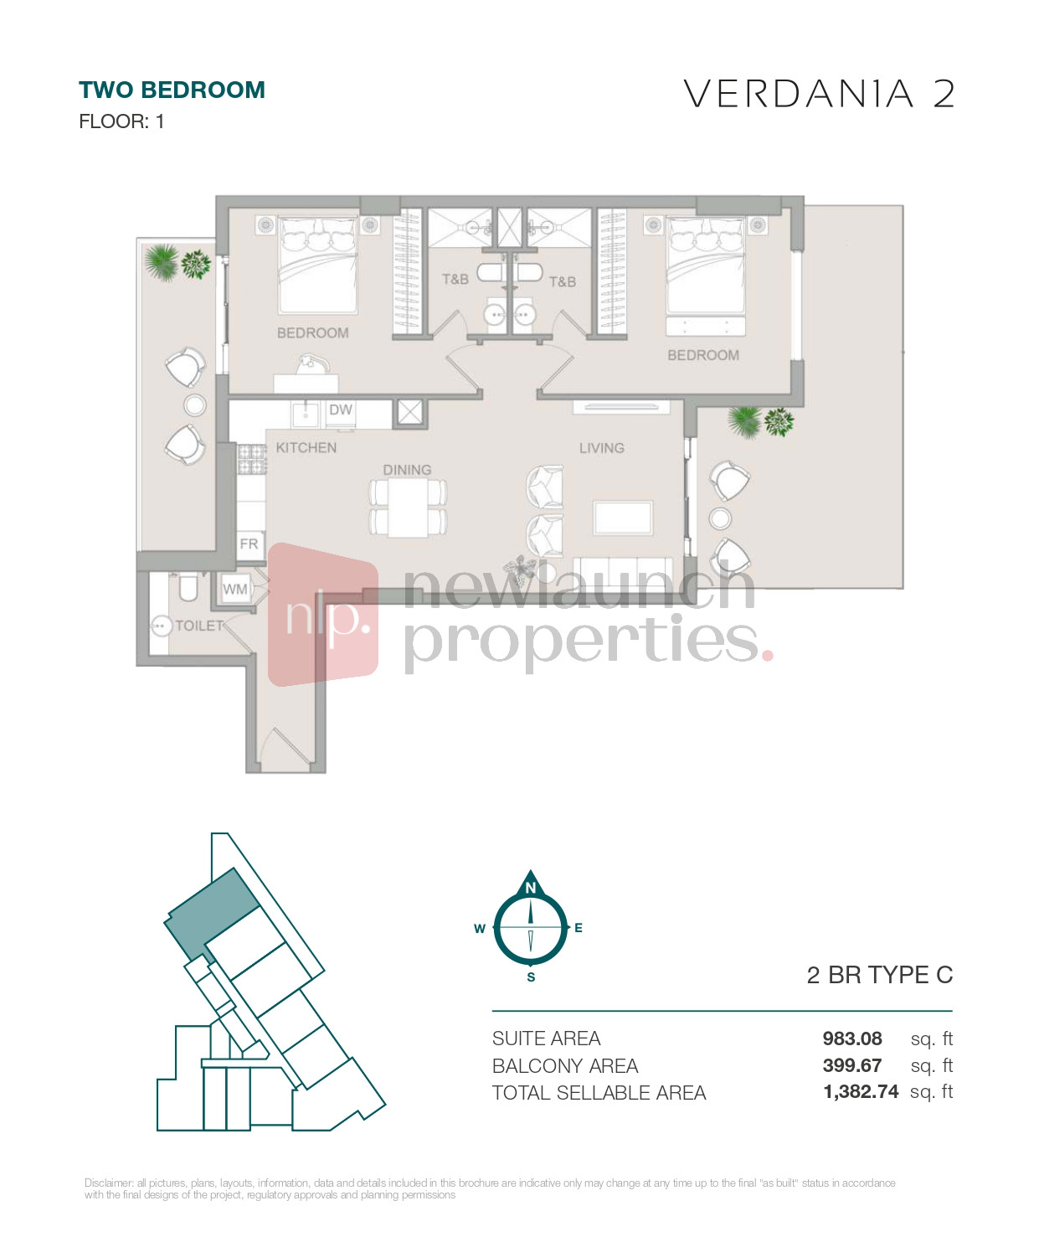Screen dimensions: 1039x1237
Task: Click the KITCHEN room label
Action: coord(306,448)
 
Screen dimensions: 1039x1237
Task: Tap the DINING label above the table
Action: coord(407,470)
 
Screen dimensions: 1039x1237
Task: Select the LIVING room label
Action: coord(601,448)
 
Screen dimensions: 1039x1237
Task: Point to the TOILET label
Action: coord(199,626)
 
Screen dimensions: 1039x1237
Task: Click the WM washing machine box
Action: coord(235,589)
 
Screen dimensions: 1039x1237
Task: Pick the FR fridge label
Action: coord(249,544)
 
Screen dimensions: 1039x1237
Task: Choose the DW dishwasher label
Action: coord(341,410)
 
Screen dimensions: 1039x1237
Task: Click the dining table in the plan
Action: coord(408,508)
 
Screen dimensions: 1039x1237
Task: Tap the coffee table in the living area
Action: coord(623,518)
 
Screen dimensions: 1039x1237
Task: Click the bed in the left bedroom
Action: coord(317,265)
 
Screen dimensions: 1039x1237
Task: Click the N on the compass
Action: coord(530,888)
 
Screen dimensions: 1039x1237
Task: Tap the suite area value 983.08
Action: coord(851,1039)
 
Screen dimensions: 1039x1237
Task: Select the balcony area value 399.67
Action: coord(851,1065)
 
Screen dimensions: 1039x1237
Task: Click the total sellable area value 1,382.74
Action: coord(861,1091)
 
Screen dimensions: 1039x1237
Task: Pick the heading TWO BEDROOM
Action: coord(172,90)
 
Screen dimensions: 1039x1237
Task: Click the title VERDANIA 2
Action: coord(819,94)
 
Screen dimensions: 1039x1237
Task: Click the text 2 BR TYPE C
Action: coord(880,975)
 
